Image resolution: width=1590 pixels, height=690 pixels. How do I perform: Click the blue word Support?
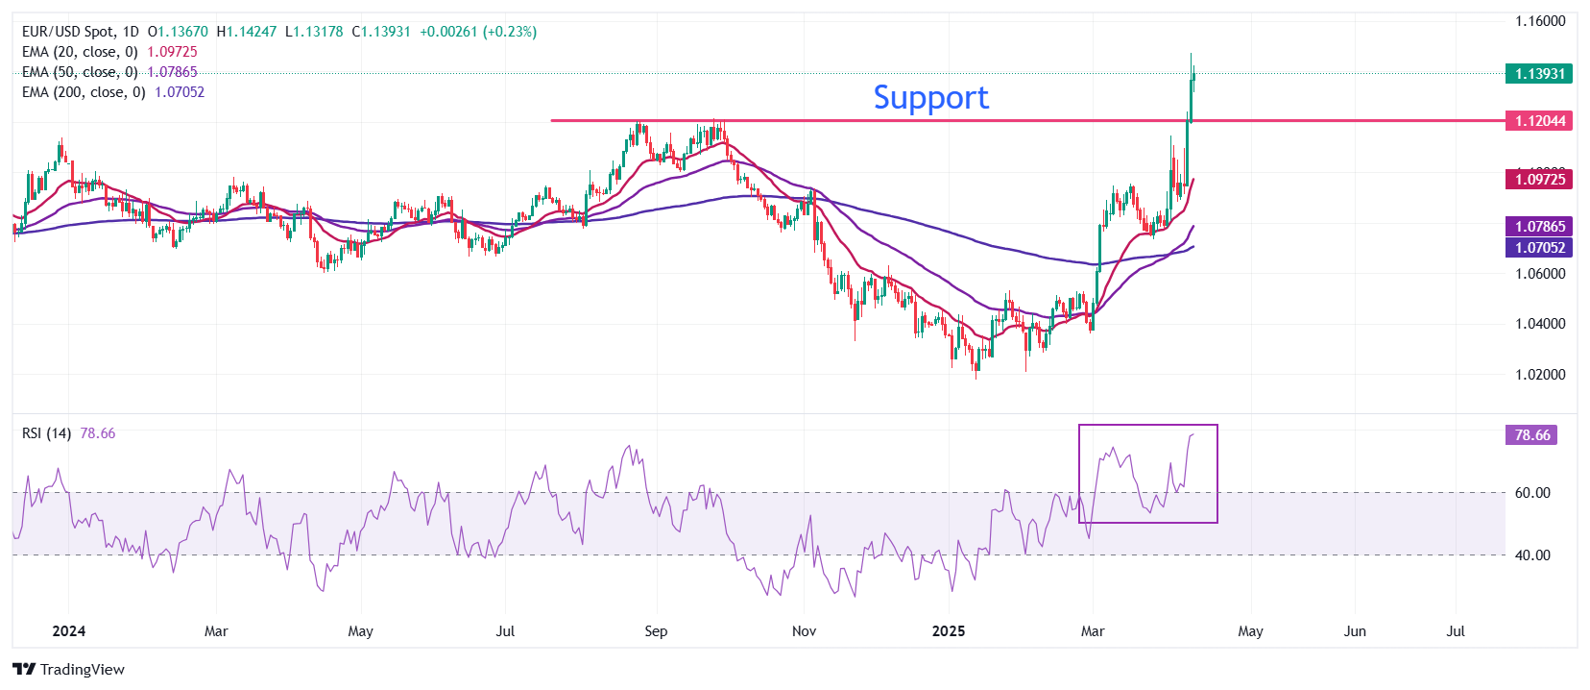click(x=930, y=97)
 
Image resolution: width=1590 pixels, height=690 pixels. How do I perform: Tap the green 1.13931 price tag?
click(x=1539, y=74)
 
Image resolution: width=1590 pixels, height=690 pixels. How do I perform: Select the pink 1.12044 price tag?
click(x=1539, y=121)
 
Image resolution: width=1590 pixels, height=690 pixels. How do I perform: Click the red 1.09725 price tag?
click(x=1539, y=180)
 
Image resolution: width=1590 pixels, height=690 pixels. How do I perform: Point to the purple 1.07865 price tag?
click(x=1539, y=227)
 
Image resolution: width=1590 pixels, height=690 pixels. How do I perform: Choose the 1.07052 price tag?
click(x=1539, y=248)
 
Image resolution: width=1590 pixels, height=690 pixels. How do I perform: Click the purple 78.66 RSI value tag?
click(x=1531, y=435)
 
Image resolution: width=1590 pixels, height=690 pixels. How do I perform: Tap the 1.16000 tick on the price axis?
click(x=1540, y=21)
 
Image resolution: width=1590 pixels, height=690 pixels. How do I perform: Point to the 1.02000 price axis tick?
click(x=1540, y=375)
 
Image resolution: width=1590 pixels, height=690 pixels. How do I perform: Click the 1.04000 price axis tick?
click(x=1540, y=324)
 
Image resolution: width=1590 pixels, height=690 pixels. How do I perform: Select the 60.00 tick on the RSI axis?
click(x=1532, y=493)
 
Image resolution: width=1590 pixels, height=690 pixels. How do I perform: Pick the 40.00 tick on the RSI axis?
click(x=1532, y=554)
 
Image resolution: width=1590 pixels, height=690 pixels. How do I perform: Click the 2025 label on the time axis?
click(x=949, y=631)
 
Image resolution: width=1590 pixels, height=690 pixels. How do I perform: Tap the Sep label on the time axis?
click(x=656, y=631)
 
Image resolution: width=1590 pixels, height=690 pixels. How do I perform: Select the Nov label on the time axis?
click(x=804, y=631)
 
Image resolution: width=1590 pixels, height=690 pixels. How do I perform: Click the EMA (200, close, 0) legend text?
click(x=84, y=92)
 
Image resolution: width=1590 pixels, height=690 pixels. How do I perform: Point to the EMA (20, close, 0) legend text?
click(x=80, y=52)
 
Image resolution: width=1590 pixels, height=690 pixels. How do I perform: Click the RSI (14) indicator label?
click(x=46, y=433)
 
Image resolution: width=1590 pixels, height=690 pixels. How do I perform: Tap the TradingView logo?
click(x=69, y=670)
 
